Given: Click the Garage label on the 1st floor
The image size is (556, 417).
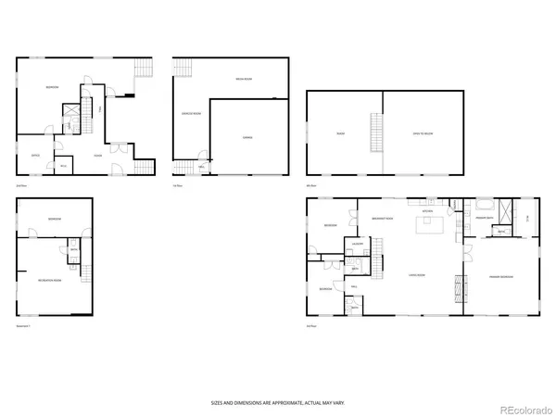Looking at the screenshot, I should pos(247,137).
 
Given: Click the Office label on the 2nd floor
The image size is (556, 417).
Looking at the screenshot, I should pos(35,155).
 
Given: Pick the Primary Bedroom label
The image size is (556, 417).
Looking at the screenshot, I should pos(501,277).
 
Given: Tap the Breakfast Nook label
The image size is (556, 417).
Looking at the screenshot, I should pos(382,219).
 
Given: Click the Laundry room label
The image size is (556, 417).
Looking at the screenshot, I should pos(356,244).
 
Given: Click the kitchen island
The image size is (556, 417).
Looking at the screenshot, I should pos(429,225).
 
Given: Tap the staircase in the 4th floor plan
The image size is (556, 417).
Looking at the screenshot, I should pos(375,134).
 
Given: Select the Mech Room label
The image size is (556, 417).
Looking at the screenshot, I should pos(244,80).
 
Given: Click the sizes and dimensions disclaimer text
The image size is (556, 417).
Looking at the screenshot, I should pos(277,404).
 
